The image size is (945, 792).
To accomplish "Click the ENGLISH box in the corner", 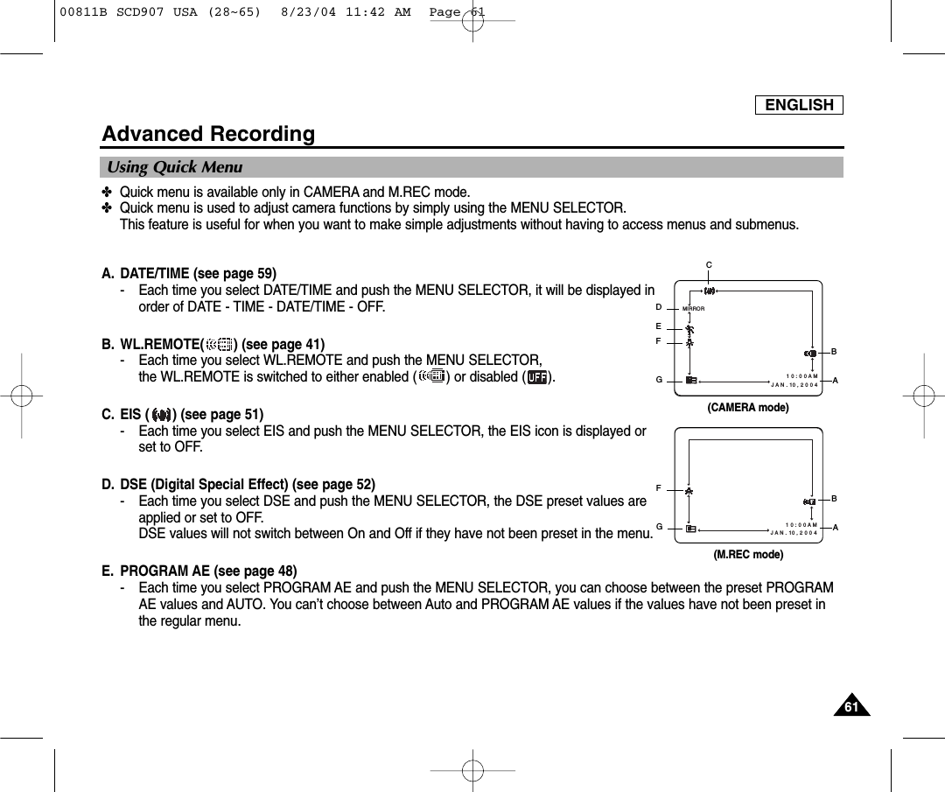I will tap(799, 105).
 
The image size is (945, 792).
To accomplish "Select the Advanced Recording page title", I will tap(208, 134).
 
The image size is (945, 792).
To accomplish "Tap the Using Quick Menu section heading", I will tap(175, 167).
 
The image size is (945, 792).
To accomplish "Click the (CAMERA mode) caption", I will tap(747, 408).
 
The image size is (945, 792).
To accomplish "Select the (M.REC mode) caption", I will tap(747, 555).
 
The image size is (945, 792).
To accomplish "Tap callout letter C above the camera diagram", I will tap(710, 263).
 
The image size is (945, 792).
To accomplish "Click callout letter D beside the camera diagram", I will tap(658, 307).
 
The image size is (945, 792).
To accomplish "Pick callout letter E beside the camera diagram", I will tap(658, 326).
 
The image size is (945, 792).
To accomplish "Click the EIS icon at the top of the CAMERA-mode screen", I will tap(710, 291).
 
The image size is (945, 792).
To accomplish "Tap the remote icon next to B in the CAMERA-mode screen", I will tap(810, 353).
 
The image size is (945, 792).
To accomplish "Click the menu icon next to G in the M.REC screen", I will tap(691, 529).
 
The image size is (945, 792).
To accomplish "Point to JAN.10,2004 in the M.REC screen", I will tap(794, 532).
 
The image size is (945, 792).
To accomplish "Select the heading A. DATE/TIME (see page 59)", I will tap(189, 273).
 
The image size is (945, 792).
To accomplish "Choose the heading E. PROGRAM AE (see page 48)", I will tap(199, 572).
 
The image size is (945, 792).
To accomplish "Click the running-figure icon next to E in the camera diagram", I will tap(689, 329).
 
